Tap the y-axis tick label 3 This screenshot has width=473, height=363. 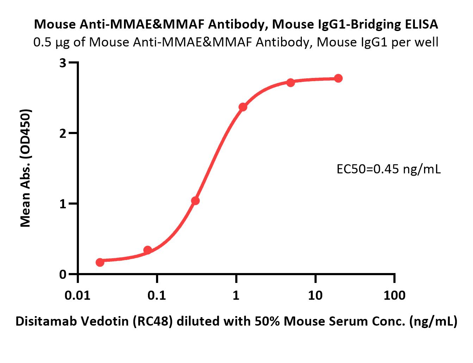(63, 63)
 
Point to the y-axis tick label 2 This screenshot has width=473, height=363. (63, 133)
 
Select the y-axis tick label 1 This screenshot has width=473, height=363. (63, 204)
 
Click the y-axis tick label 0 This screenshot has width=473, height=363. (63, 274)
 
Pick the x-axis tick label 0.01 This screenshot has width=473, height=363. (78, 295)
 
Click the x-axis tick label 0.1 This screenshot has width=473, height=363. (157, 295)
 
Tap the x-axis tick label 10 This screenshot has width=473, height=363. (315, 295)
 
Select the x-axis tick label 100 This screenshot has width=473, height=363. (394, 295)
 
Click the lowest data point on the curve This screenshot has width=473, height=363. (100, 262)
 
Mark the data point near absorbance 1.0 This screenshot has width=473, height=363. (195, 201)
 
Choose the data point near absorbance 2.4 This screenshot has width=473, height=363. (243, 107)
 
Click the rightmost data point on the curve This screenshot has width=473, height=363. (338, 78)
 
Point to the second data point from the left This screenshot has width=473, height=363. (148, 250)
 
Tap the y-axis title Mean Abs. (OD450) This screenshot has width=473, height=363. (26, 168)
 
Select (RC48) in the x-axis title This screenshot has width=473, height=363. (155, 321)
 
